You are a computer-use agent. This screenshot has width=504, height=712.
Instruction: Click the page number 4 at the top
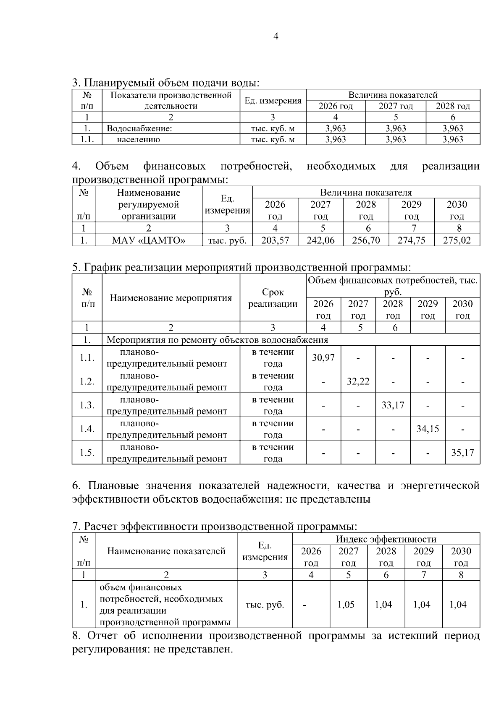pyautogui.click(x=276, y=36)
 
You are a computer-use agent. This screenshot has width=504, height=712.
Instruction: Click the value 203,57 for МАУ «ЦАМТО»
pyautogui.click(x=275, y=240)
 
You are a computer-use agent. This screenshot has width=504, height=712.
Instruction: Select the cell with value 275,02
pyautogui.click(x=457, y=240)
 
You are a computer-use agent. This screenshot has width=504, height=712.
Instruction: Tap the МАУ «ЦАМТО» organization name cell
pyautogui.click(x=149, y=240)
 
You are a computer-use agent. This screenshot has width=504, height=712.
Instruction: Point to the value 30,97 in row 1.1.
pyautogui.click(x=323, y=357)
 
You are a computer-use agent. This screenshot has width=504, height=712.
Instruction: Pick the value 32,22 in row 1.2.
pyautogui.click(x=358, y=381)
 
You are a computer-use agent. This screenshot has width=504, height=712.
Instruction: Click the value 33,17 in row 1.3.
pyautogui.click(x=393, y=405)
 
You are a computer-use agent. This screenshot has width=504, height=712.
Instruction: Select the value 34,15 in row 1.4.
pyautogui.click(x=428, y=429)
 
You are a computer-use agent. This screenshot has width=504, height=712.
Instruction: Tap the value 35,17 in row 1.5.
pyautogui.click(x=462, y=453)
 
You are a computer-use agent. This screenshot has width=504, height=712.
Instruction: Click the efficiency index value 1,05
pyautogui.click(x=346, y=605)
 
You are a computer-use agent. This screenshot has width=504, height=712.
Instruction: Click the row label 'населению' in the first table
pyautogui.click(x=138, y=140)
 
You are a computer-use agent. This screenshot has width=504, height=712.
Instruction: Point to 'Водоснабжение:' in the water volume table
pyautogui.click(x=140, y=129)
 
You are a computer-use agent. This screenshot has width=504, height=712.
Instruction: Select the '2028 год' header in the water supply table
pyautogui.click(x=453, y=106)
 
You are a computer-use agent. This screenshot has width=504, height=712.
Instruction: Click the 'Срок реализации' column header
pyautogui.click(x=273, y=298)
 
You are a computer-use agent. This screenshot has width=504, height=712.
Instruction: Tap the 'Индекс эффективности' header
pyautogui.click(x=386, y=539)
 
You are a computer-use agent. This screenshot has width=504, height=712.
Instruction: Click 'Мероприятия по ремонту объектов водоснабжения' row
pyautogui.click(x=218, y=340)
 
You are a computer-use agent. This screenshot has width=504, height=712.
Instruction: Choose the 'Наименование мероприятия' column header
pyautogui.click(x=171, y=298)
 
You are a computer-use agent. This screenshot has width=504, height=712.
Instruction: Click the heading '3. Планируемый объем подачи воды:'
pyautogui.click(x=165, y=82)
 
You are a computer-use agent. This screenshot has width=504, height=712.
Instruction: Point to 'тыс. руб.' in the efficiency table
pyautogui.click(x=265, y=605)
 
